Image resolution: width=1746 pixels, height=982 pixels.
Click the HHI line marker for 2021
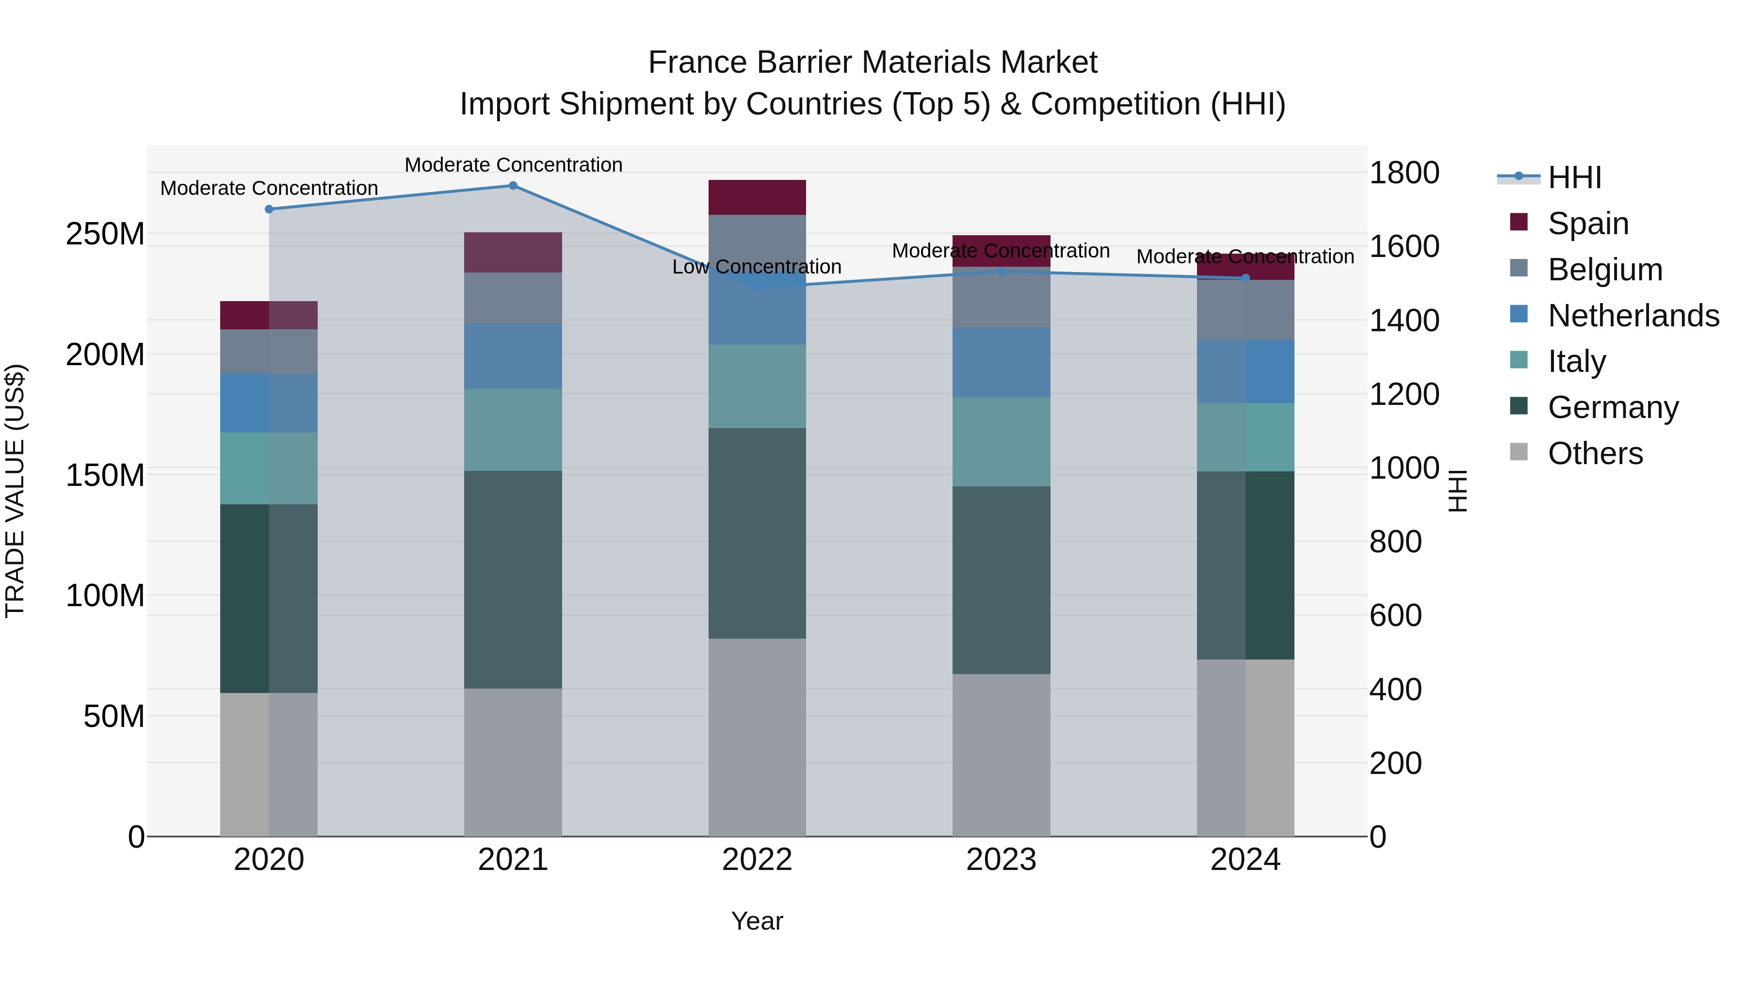pos(513,186)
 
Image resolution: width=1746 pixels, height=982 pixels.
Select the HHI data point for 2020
pos(269,209)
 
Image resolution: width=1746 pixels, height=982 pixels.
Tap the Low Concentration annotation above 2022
pos(757,267)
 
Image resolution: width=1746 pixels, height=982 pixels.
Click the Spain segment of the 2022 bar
pos(757,197)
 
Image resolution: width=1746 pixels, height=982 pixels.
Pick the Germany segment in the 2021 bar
pos(513,580)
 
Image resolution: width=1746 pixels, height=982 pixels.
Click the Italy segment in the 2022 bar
pos(757,386)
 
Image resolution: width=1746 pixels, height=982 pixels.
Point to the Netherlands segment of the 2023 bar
pos(1001,363)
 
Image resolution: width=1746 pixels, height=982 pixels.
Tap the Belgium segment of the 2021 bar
pos(513,298)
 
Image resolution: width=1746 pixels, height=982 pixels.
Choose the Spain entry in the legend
pos(1588,224)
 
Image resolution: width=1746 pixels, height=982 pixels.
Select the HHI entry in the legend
pos(1574,177)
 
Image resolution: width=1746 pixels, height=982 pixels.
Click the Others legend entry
pos(1595,453)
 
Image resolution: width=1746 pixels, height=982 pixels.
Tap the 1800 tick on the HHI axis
pos(1404,173)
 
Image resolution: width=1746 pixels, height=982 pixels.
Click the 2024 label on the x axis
pos(1245,860)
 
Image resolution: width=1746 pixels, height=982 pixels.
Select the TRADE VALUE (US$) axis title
pos(15,491)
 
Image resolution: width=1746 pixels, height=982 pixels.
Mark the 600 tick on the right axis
pos(1395,616)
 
